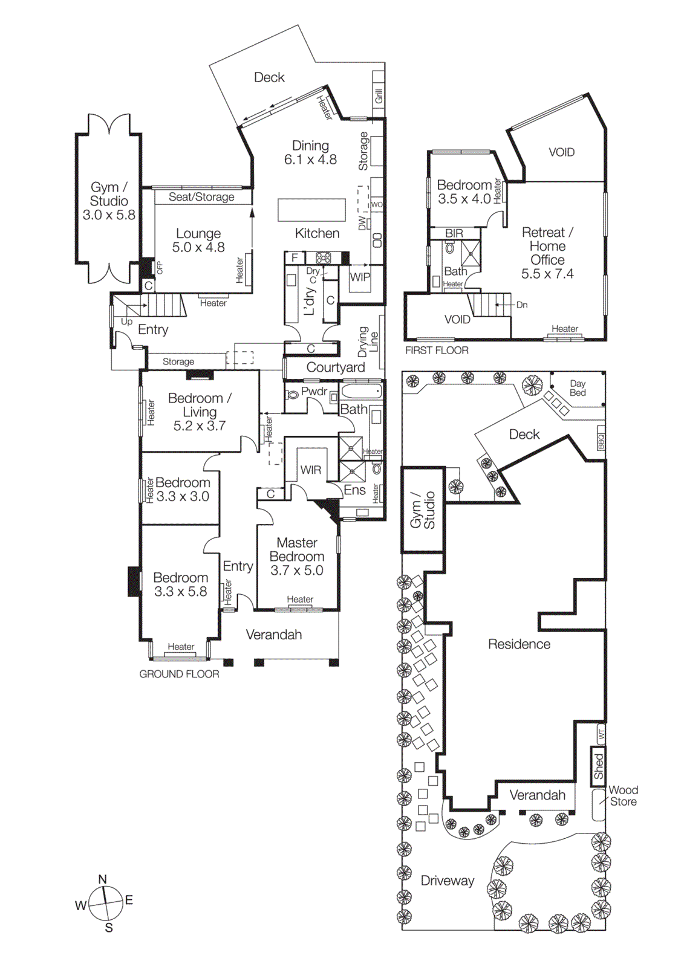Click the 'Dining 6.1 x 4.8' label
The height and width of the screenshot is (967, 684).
[310, 152]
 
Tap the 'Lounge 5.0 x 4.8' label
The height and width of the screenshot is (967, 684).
[198, 241]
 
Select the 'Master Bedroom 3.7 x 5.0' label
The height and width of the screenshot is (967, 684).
[296, 556]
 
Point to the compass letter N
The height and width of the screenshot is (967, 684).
[103, 879]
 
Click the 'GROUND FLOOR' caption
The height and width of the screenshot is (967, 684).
[179, 674]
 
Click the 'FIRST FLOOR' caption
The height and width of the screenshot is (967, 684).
[437, 351]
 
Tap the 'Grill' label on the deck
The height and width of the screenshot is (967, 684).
[379, 95]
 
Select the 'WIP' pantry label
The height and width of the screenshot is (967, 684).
[360, 277]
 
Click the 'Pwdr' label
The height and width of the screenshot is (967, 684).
[314, 392]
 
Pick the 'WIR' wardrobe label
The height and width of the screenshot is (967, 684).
[311, 470]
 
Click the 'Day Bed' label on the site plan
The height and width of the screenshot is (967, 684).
[578, 388]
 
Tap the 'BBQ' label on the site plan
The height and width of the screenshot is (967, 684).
[601, 441]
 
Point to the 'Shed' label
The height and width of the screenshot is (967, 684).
[598, 766]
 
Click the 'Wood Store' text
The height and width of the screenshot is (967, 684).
[623, 796]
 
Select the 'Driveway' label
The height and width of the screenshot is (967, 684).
[448, 881]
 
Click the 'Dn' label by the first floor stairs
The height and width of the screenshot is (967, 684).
[522, 305]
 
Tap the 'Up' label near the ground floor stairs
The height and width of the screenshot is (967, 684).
[126, 322]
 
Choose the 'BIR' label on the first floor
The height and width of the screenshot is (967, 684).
[454, 233]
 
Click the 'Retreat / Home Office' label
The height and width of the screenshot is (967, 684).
[547, 253]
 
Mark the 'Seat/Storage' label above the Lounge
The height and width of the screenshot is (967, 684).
[201, 197]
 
